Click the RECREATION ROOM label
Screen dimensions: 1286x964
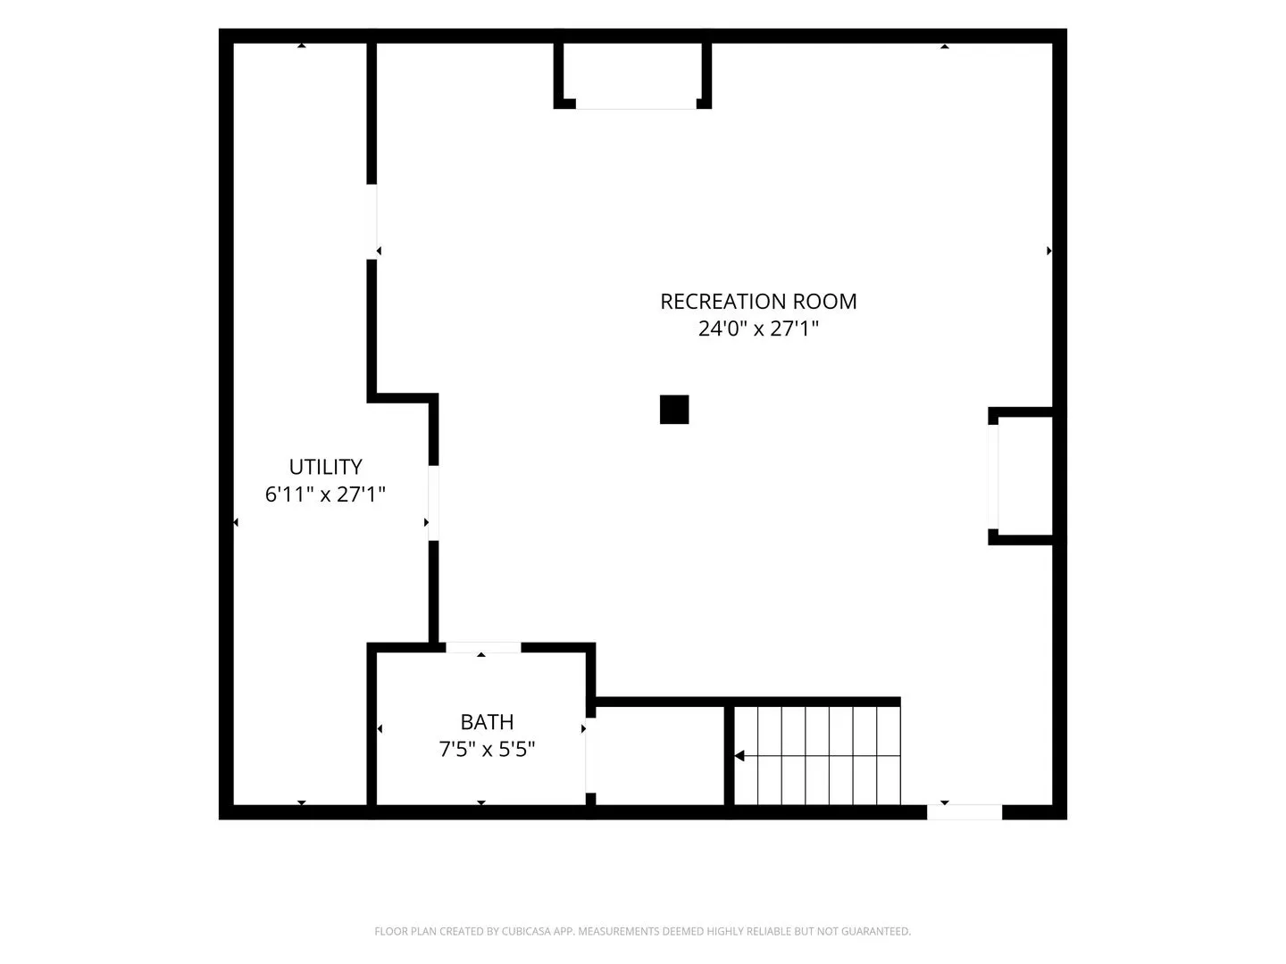click(x=758, y=302)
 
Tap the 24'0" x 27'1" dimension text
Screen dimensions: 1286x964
click(x=758, y=328)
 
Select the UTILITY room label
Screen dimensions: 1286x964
click(x=325, y=467)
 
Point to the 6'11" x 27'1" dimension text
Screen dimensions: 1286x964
click(x=325, y=494)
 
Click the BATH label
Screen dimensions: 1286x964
click(x=487, y=722)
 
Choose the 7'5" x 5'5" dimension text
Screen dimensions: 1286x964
click(x=487, y=749)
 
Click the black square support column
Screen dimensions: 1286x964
click(x=673, y=409)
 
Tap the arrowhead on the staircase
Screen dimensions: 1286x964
click(x=739, y=756)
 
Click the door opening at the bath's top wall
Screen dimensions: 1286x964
click(x=483, y=647)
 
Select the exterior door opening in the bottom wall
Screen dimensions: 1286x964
click(x=964, y=812)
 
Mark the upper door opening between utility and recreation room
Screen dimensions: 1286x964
click(x=372, y=222)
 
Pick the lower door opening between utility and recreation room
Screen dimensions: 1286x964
click(x=433, y=503)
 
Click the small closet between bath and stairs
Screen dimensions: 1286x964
click(x=660, y=756)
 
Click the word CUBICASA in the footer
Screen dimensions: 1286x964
click(x=523, y=931)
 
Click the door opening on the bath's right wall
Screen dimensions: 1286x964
click(x=590, y=755)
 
